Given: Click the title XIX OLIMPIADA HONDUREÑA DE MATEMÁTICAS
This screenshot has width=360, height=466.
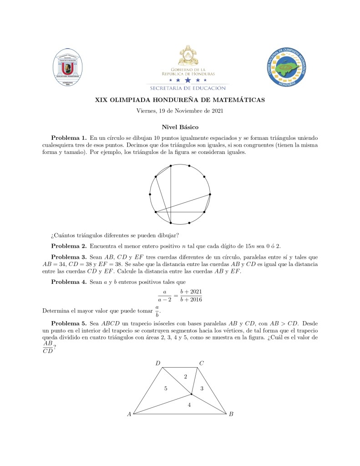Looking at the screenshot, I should (180, 100).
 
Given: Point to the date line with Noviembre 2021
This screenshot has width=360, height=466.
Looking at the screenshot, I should (180, 111).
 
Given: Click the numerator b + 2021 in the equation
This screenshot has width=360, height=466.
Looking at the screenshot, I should (191, 291).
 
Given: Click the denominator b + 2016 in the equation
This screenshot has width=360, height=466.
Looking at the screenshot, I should (191, 299).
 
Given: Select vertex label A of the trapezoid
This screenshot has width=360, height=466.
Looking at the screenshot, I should (129, 414).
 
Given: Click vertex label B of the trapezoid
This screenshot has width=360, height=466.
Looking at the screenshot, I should (231, 414).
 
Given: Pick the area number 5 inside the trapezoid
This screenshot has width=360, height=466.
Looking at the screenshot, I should (166, 389).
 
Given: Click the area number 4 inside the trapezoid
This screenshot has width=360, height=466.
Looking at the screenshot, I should (189, 405).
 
